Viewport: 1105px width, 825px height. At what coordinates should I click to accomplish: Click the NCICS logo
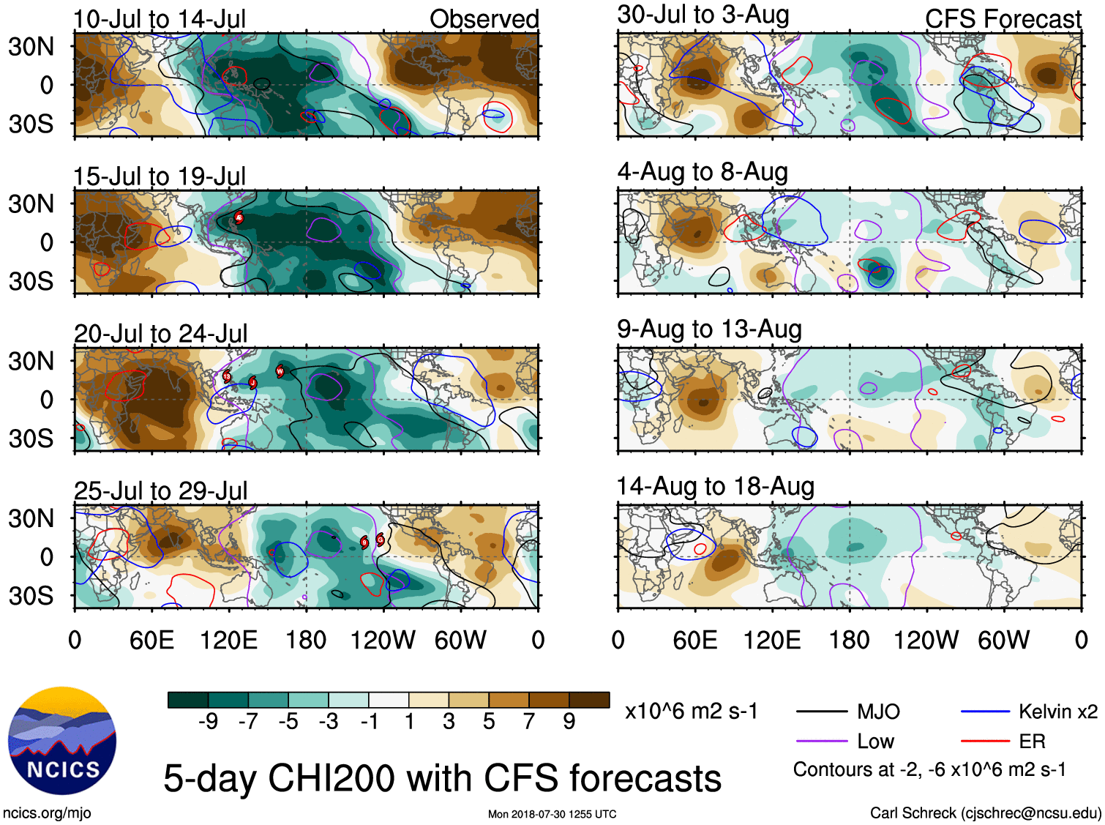click(62, 741)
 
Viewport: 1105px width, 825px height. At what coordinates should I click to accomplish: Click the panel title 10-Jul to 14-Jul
click(160, 20)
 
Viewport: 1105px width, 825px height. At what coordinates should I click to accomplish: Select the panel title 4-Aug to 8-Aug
click(703, 172)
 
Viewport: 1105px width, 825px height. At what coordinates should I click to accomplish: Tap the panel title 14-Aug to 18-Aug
click(715, 487)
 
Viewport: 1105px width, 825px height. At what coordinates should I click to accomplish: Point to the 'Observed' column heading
click(484, 20)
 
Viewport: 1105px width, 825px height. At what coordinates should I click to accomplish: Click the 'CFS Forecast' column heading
click(1003, 20)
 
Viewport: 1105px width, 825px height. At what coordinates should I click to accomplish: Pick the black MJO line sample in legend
click(821, 712)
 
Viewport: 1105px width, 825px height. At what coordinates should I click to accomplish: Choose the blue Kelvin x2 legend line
click(985, 712)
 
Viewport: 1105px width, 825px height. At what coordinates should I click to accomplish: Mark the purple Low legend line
click(821, 742)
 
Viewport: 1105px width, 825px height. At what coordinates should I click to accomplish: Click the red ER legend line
click(985, 742)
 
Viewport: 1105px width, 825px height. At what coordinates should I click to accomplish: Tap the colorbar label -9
click(208, 722)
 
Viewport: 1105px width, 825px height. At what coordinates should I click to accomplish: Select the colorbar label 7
click(529, 722)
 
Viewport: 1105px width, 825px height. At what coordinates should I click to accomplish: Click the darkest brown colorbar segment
click(589, 700)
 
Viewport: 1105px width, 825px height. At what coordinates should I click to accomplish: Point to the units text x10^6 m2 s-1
click(692, 712)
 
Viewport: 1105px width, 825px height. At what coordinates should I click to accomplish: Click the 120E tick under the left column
click(228, 641)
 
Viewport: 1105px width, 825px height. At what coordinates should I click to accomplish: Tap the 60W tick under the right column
click(1003, 641)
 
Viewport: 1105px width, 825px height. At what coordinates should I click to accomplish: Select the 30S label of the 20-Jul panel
click(31, 439)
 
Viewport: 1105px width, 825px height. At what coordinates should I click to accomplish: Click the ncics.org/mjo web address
click(47, 813)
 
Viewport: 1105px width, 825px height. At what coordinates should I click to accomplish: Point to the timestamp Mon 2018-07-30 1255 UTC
click(552, 814)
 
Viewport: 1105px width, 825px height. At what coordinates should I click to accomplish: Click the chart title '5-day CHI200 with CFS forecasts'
click(442, 778)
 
